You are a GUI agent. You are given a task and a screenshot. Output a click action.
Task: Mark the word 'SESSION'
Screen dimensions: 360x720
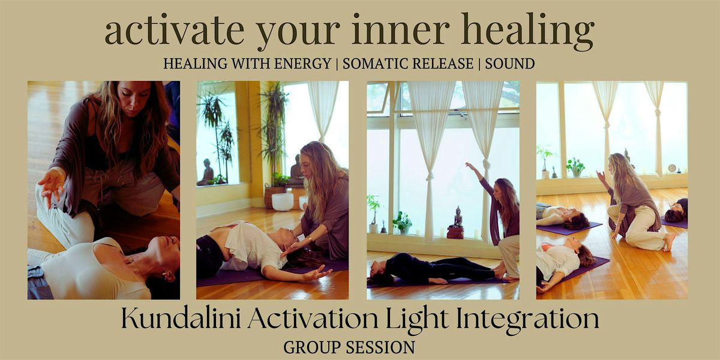tap(383, 347)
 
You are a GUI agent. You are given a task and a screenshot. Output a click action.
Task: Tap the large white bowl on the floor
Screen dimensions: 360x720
tap(282, 201)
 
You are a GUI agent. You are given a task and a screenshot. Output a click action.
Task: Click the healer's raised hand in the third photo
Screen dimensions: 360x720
tap(469, 166)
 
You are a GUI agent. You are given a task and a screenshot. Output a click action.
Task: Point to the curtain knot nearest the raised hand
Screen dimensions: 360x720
tap(486, 163)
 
